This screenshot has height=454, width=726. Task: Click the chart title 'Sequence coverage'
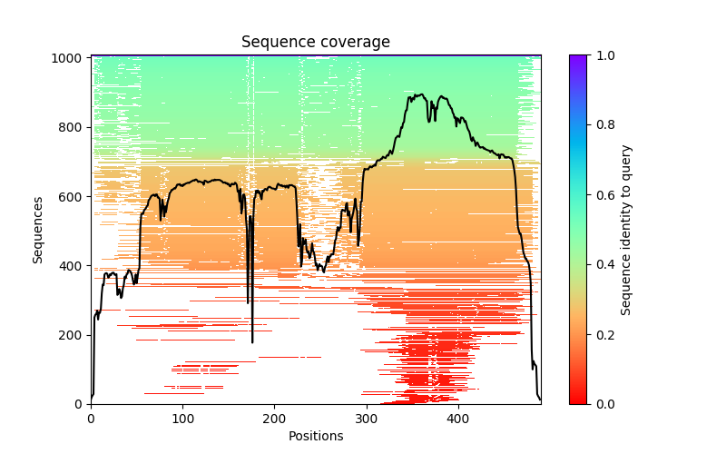tap(315, 43)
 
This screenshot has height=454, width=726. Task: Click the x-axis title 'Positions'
tap(315, 436)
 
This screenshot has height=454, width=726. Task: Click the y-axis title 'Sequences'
tap(38, 230)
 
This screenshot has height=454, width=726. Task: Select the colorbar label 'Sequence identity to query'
tap(626, 230)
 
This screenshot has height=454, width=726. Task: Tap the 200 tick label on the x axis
tap(274, 419)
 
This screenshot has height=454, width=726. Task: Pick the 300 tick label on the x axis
tap(366, 419)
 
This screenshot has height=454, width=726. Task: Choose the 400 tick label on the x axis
tap(457, 419)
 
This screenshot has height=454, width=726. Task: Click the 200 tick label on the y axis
tap(72, 335)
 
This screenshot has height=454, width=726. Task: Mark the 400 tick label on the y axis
tap(72, 266)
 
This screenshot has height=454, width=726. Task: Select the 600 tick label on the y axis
tap(72, 196)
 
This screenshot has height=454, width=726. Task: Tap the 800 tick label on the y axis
tap(72, 127)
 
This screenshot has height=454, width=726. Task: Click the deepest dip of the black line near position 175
tap(252, 342)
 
